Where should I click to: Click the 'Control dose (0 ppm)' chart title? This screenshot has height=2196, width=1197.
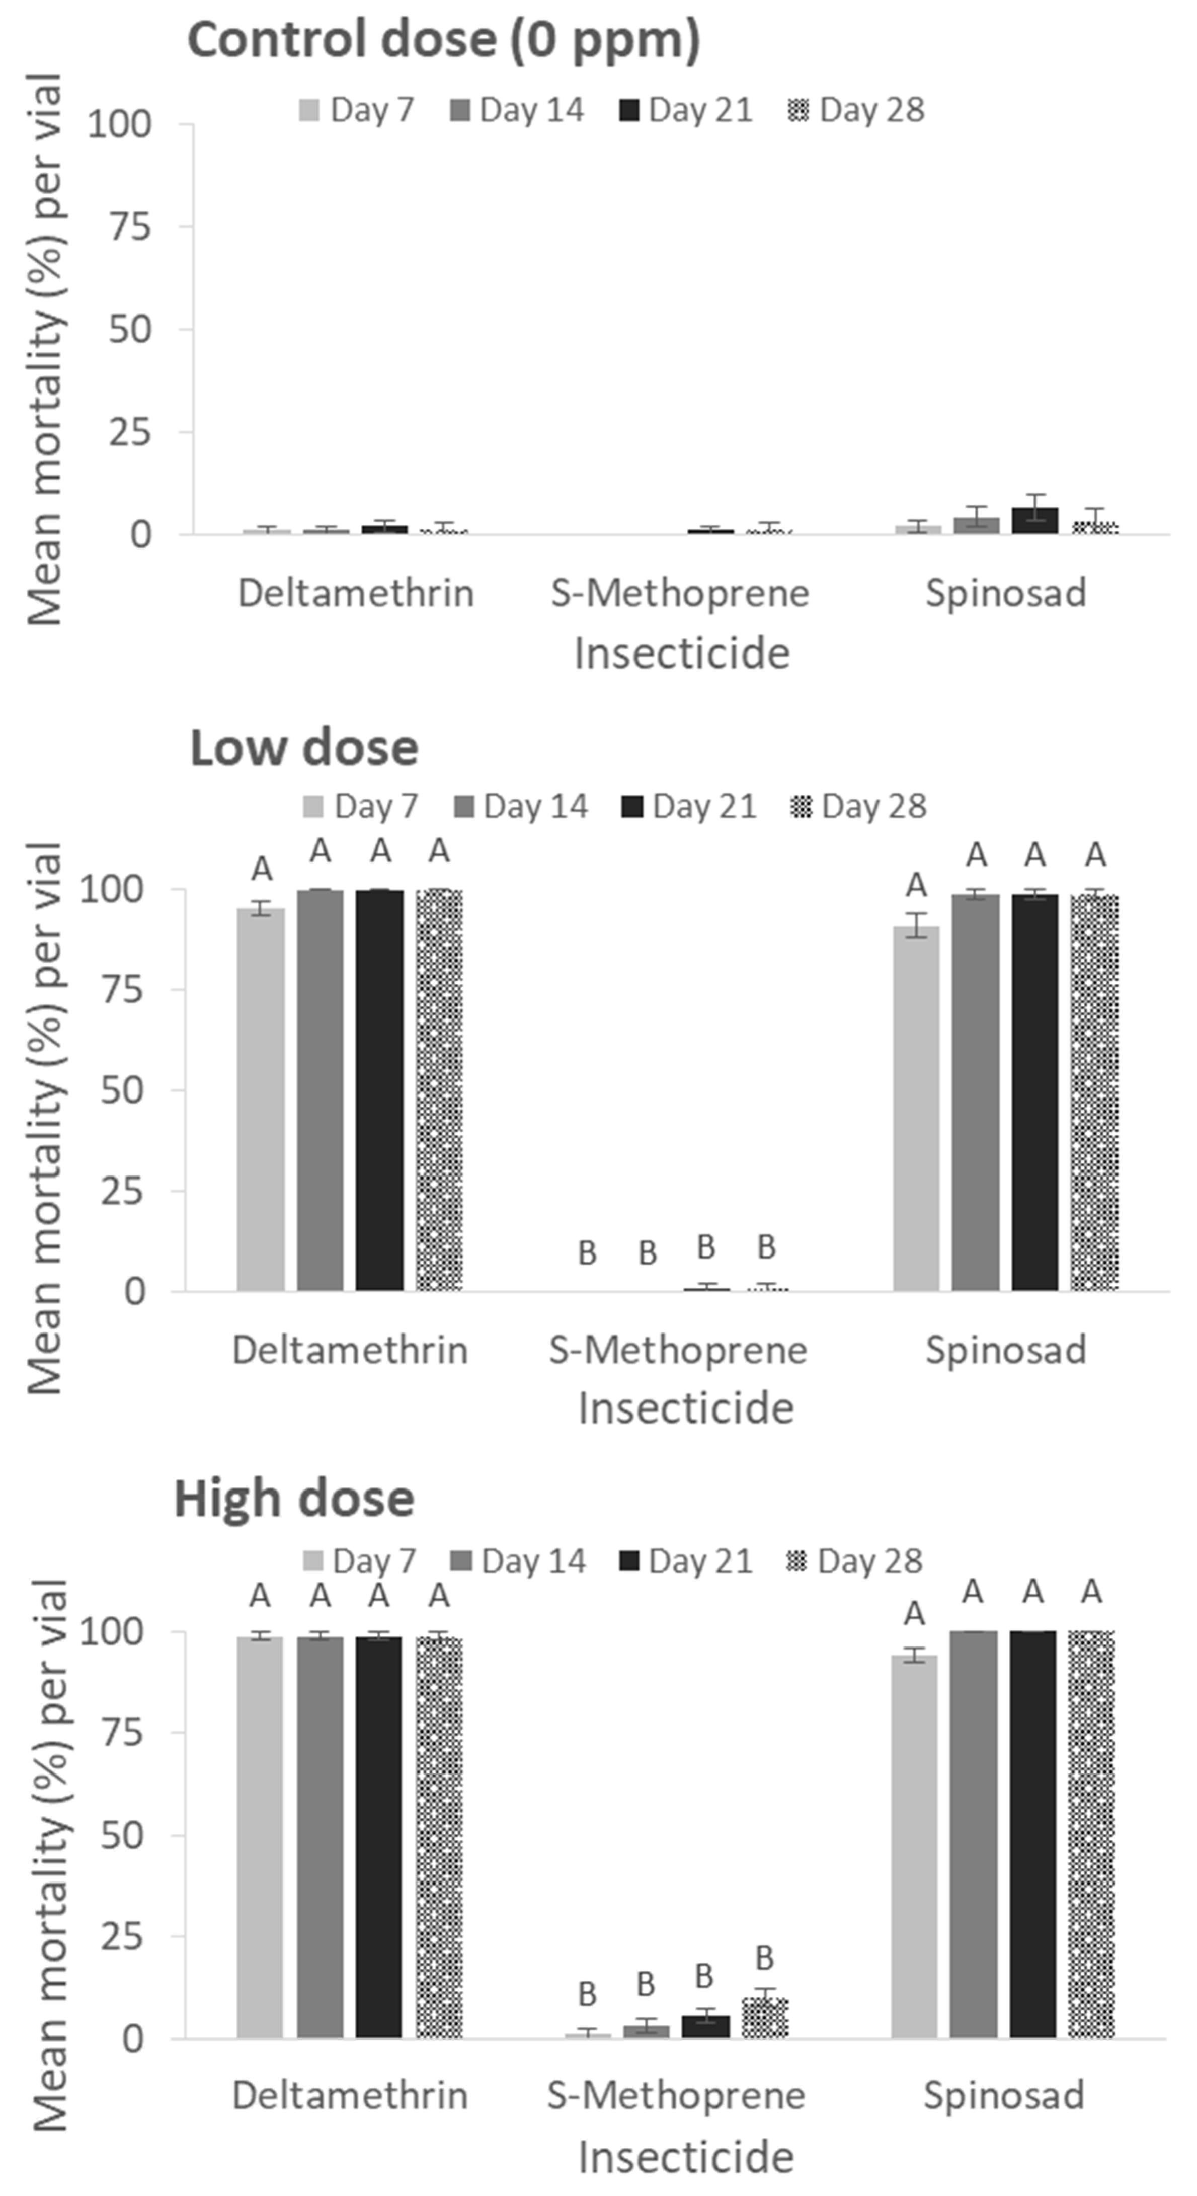443,40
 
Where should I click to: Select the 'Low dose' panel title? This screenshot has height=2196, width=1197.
303,748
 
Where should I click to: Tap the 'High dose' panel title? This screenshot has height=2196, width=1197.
294,1499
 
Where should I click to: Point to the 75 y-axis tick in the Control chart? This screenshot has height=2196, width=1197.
130,227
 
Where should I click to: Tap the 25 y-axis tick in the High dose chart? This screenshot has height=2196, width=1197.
122,1937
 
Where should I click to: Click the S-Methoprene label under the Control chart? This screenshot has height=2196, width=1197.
679,593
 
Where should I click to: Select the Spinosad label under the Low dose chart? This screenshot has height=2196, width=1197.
1006,1350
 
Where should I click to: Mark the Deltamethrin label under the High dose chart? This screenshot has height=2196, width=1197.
350,2095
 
